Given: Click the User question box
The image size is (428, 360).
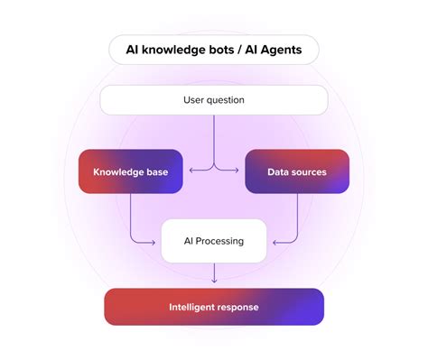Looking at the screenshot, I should pos(214,100).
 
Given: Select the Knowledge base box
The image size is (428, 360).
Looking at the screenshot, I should pos(130,171).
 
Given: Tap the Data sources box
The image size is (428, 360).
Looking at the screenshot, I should pos(297,171).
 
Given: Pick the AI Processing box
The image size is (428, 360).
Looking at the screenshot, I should pos(214,241).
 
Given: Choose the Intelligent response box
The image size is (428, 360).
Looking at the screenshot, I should pos(214,307).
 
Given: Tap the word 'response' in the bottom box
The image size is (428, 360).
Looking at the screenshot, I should pos(240,307).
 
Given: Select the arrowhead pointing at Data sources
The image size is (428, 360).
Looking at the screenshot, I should pos(240,168).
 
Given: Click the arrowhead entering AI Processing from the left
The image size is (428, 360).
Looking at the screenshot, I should pos(156,241).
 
